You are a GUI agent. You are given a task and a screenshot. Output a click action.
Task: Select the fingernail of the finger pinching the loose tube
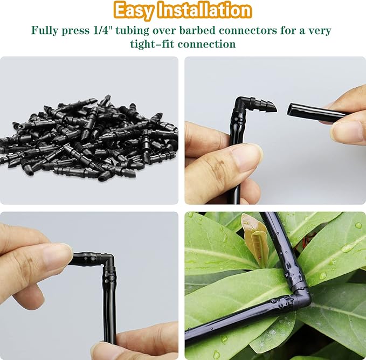coord(347,131)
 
